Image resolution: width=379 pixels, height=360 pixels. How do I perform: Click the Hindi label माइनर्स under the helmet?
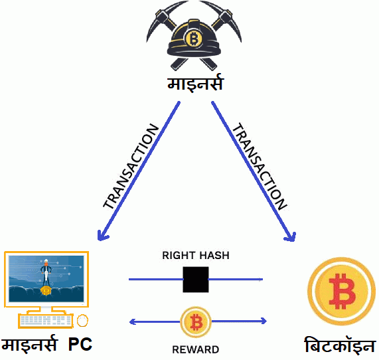[195, 83]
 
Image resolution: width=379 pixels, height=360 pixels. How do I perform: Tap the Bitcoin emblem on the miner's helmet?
[193, 39]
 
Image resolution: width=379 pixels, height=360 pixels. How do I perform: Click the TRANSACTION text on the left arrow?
[131, 166]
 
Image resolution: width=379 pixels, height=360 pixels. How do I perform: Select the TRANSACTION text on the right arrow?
[260, 166]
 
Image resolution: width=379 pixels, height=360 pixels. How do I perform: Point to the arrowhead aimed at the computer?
[102, 235]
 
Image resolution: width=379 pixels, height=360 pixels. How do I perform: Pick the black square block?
[196, 280]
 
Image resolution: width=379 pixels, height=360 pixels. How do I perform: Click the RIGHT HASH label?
[196, 256]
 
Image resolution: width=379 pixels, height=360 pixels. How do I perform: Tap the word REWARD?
[196, 349]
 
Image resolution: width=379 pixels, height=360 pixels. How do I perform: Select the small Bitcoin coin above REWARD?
[196, 322]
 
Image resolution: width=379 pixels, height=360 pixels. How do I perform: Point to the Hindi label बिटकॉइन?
[340, 345]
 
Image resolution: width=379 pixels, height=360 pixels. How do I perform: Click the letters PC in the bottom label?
[80, 344]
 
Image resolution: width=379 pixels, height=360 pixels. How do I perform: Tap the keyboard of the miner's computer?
[45, 321]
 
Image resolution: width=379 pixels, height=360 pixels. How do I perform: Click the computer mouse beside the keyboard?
[82, 320]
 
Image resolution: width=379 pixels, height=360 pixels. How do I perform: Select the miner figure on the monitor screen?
[46, 273]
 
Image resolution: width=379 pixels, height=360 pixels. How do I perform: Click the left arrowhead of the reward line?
[132, 321]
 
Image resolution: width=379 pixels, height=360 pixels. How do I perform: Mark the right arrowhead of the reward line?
[264, 321]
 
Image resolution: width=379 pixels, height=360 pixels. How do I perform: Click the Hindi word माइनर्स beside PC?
[30, 343]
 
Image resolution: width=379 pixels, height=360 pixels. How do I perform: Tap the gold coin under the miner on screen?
[46, 291]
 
